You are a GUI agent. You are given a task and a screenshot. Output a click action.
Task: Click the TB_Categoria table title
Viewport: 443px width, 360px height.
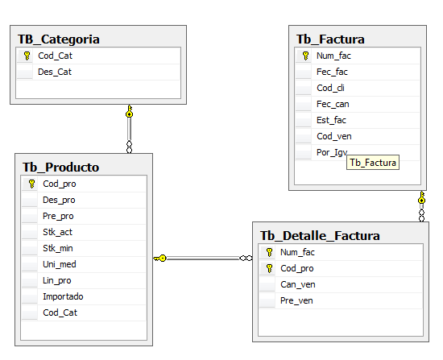59,39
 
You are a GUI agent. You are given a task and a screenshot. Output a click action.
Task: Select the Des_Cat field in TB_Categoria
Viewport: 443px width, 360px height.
55,72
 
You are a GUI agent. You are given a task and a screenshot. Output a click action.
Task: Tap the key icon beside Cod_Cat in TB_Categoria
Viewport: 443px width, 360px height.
27,56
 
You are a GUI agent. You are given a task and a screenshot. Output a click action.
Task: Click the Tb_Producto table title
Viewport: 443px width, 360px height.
60,168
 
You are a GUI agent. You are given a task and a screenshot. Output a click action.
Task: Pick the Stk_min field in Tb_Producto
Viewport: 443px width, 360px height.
58,248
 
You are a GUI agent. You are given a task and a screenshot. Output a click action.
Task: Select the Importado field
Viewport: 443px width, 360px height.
63,296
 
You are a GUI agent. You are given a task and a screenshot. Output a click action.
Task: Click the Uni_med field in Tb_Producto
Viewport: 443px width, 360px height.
60,264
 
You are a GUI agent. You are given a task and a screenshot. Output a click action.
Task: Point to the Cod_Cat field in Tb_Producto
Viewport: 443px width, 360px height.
60,312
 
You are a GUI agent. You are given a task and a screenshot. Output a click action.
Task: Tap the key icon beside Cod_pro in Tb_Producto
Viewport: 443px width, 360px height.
31,184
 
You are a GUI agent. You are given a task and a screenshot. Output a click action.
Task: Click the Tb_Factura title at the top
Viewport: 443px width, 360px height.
330,39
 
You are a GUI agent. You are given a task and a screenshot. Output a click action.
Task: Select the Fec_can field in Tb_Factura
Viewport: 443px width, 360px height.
333,104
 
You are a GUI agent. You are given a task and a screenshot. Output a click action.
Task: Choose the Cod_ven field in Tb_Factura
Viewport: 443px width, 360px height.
334,136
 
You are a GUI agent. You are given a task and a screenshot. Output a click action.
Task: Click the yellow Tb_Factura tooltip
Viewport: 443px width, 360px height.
373,163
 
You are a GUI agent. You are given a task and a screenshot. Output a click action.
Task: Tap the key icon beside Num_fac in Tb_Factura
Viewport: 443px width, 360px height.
305,56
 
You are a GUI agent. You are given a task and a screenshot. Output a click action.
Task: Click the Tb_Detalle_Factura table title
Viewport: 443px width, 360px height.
320,236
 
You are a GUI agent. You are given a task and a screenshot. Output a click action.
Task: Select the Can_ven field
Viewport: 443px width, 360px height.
298,284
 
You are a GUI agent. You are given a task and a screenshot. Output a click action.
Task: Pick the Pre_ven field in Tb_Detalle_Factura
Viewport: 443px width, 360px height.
296,300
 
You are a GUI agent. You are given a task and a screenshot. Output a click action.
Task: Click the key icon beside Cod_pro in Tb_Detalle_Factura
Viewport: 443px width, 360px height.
269,268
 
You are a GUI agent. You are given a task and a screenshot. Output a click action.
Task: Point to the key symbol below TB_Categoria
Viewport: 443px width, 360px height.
129,111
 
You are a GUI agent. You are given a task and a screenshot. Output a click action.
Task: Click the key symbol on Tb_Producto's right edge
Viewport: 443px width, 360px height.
160,259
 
